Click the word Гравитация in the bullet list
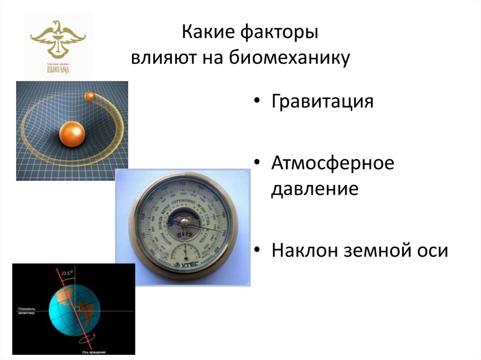[322, 101]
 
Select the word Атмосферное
[332, 164]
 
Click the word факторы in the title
[287, 34]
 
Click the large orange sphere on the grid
[72, 135]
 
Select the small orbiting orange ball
[90, 96]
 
